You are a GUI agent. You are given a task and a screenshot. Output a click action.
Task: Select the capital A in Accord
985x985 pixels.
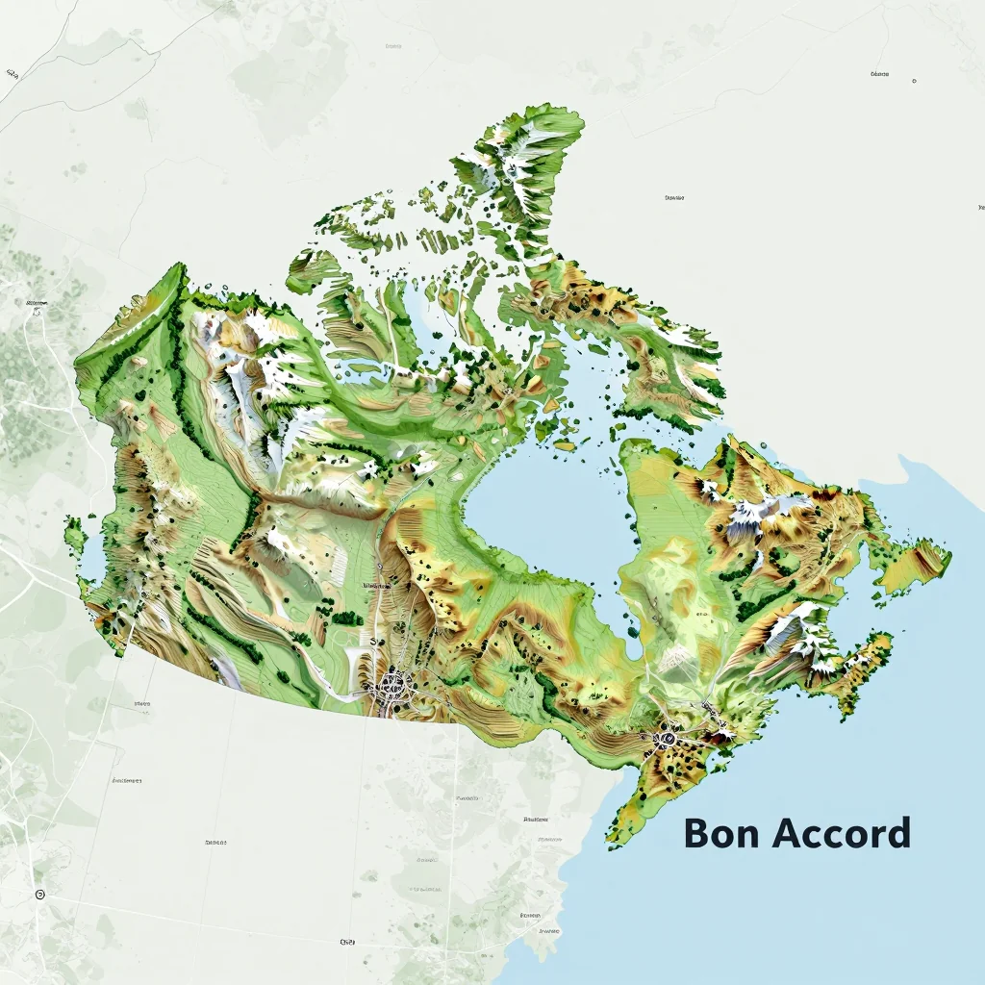[x=788, y=834]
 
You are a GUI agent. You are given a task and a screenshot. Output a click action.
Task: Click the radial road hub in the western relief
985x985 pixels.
[x=392, y=686]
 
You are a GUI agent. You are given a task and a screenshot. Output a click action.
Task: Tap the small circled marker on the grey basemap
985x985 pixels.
[x=39, y=895]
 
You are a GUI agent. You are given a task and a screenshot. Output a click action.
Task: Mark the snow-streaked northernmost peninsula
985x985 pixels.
[x=524, y=164]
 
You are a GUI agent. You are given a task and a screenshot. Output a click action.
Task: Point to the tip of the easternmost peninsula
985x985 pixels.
[x=948, y=557]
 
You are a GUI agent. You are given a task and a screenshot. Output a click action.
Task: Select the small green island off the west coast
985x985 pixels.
[x=74, y=532]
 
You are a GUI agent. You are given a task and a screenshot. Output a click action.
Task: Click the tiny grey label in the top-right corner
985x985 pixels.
[x=878, y=74]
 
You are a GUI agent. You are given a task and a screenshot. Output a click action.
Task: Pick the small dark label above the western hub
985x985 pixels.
[x=375, y=584]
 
